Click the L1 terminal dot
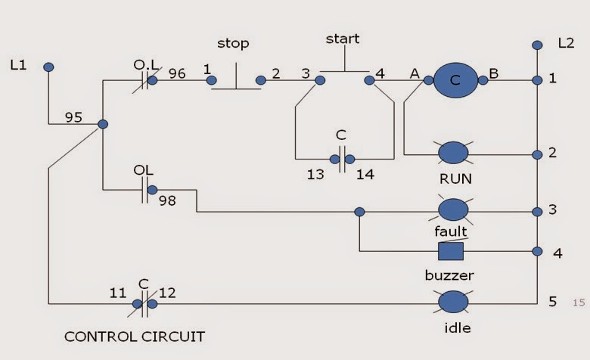tap(48, 67)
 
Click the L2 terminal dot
tap(538, 45)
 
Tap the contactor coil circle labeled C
tap(455, 79)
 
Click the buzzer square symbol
tap(451, 251)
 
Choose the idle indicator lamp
tap(453, 303)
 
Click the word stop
tap(232, 44)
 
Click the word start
tap(343, 39)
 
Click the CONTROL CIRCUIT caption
tap(135, 335)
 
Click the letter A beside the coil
tap(415, 74)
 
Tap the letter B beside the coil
tap(493, 74)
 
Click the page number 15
tap(579, 303)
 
